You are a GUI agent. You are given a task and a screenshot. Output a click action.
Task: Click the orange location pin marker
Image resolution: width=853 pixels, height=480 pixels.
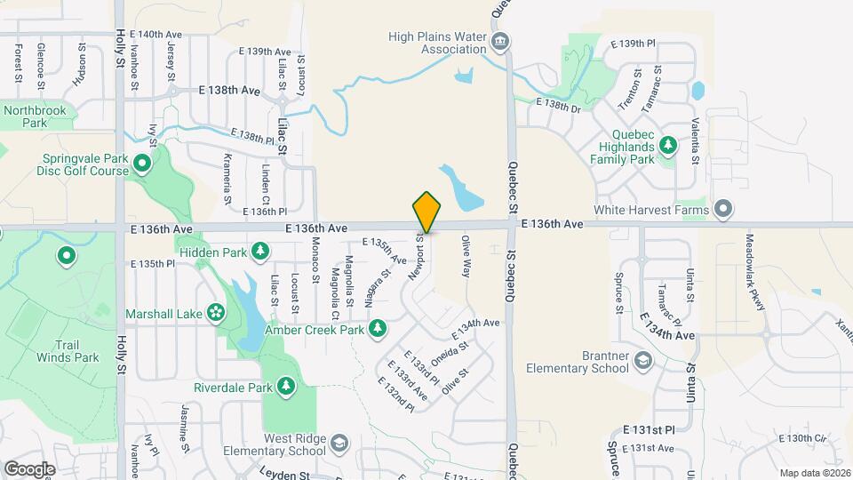click(x=426, y=212)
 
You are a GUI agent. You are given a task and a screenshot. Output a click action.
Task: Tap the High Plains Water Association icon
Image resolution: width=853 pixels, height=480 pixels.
click(x=500, y=41)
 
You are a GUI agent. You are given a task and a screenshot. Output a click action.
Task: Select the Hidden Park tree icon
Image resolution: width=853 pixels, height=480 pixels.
click(x=260, y=253)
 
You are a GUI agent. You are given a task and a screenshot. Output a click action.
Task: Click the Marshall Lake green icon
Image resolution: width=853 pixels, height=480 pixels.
click(x=215, y=312)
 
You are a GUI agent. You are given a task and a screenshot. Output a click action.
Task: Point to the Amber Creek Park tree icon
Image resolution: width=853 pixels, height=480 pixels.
click(x=378, y=330)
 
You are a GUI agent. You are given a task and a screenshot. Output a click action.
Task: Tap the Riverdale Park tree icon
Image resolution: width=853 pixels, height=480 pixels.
click(x=286, y=387)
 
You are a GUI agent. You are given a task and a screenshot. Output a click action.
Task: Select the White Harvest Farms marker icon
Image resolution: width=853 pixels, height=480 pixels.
click(x=724, y=210)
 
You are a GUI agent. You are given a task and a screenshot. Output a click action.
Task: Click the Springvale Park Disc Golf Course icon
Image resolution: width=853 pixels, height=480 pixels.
click(x=141, y=163)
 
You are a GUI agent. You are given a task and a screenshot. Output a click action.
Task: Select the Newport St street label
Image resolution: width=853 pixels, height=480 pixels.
click(x=416, y=258)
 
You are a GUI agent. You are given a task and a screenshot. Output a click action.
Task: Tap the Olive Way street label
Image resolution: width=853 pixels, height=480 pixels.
click(x=465, y=257)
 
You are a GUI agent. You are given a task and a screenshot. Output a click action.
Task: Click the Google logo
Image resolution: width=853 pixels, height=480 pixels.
click(x=30, y=468)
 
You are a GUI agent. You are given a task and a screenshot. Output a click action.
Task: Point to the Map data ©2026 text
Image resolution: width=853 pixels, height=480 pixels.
click(x=813, y=472)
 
